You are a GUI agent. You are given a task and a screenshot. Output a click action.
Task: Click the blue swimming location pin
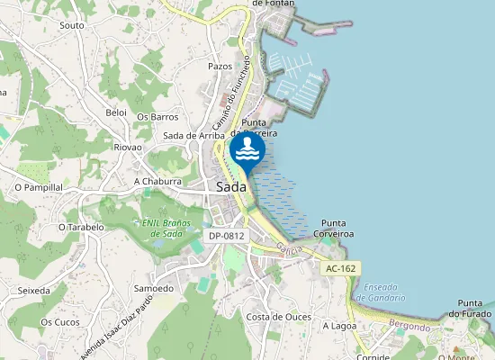pyautogui.click(x=247, y=150)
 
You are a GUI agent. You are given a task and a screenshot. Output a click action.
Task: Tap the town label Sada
pyautogui.click(x=232, y=186)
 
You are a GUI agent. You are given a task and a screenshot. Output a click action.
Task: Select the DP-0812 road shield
pyautogui.click(x=226, y=236)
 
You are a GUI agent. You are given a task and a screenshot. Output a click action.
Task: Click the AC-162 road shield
pyautogui.click(x=342, y=268)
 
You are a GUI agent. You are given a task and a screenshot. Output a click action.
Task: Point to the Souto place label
pyautogui.click(x=71, y=25)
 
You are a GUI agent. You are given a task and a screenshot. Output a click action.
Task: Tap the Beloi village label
pyautogui.click(x=116, y=112)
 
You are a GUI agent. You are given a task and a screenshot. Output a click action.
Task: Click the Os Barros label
pyautogui.click(x=157, y=117)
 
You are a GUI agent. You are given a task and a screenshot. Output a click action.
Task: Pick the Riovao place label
pyautogui.click(x=128, y=147)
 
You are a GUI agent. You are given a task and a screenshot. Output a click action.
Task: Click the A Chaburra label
pyautogui.click(x=157, y=181)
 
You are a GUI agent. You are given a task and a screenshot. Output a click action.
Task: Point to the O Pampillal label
pyautogui.click(x=39, y=187)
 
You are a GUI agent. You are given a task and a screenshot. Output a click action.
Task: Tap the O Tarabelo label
pyautogui.click(x=81, y=228)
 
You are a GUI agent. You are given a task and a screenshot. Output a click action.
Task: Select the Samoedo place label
pyautogui.click(x=153, y=288)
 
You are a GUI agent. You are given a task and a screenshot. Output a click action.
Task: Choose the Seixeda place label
pyautogui.click(x=34, y=291)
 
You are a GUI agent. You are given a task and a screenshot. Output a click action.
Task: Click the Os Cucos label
pyautogui.click(x=60, y=321)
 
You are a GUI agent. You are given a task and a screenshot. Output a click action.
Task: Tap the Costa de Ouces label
pyautogui.click(x=279, y=317)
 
